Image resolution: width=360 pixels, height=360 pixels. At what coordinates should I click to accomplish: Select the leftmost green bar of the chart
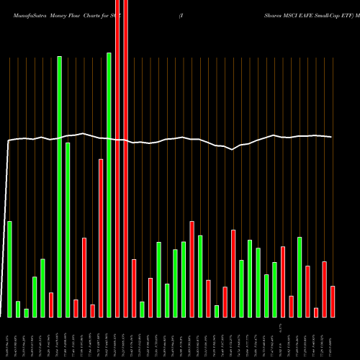click(x=9, y=269)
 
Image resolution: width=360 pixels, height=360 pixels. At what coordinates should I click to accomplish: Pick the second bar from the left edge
click(x=18, y=309)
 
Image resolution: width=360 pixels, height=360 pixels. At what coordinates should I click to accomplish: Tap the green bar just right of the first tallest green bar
click(x=68, y=230)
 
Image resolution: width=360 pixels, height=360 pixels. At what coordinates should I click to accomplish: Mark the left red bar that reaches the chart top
click(x=117, y=158)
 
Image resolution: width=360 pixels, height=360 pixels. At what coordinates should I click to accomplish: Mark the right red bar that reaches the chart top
click(x=126, y=158)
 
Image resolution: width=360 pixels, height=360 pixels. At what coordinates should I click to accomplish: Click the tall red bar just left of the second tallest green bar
click(x=101, y=238)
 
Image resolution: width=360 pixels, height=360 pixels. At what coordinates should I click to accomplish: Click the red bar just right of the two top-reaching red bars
click(x=134, y=288)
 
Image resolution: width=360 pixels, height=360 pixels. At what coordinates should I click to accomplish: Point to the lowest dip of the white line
click(x=233, y=150)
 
